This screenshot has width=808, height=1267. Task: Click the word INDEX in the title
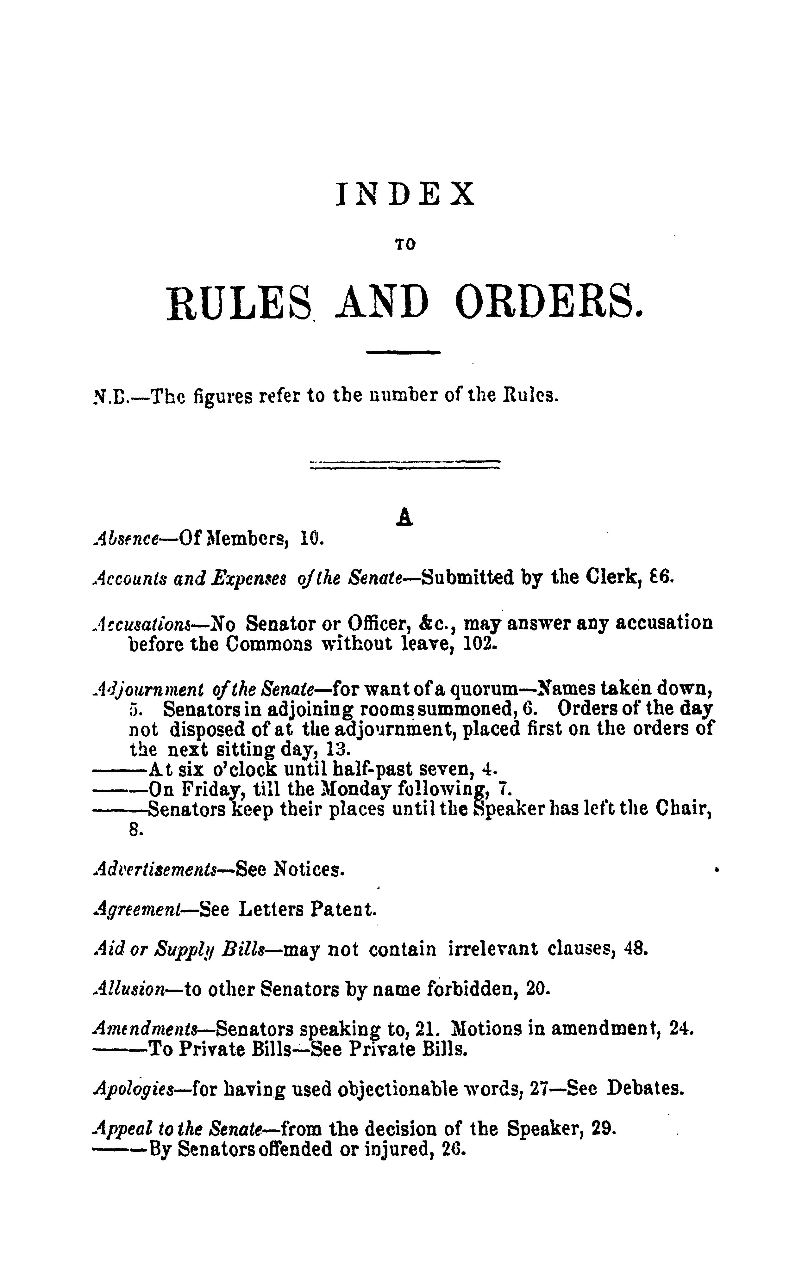click(x=404, y=194)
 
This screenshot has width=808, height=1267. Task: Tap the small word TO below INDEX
click(x=405, y=245)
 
